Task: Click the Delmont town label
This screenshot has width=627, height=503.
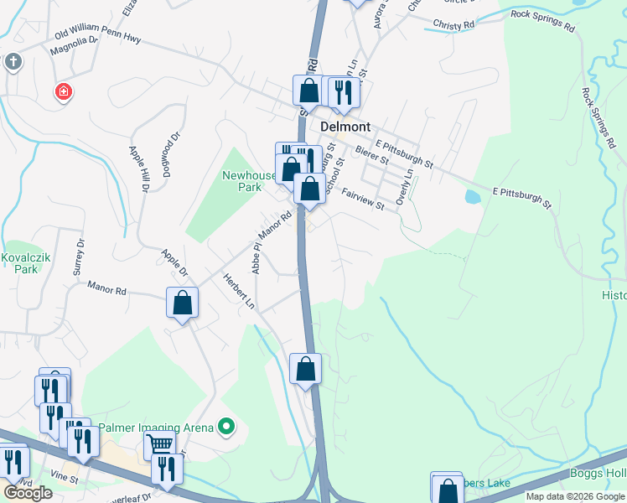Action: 345,127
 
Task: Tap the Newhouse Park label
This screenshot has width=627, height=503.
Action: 249,181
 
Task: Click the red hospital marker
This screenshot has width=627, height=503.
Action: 63,91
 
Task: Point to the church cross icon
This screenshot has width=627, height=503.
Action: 13,61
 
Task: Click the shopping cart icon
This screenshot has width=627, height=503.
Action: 159,443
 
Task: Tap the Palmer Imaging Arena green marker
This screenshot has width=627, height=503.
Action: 225,428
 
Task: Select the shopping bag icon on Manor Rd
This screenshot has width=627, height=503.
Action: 182,303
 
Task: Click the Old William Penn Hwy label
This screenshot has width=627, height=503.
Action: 97,35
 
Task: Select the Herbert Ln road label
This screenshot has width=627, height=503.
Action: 238,290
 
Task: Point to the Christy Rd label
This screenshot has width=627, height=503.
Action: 453,25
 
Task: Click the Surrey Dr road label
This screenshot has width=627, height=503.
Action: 80,258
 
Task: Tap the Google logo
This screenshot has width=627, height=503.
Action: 27,493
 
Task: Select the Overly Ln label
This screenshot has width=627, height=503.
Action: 406,184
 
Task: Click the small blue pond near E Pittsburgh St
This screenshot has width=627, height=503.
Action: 472,197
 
